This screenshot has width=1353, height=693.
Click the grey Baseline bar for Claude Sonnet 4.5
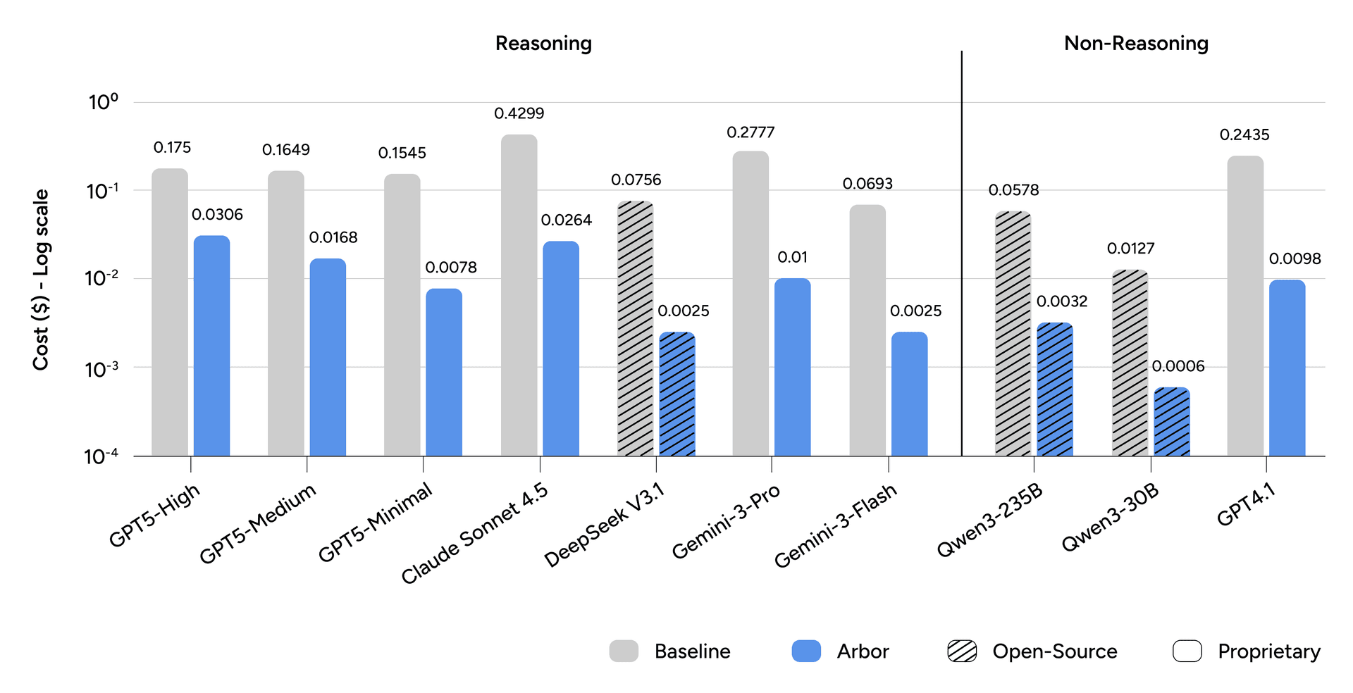pos(519,296)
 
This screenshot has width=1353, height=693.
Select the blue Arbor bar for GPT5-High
pos(211,345)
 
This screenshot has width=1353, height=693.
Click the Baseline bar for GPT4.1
pos(1244,306)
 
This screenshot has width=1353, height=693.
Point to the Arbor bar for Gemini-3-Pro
pos(792,367)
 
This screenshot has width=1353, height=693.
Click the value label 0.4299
pos(519,113)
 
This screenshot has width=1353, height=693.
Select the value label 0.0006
pos(1178,366)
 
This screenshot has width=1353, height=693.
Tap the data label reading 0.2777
pos(750,132)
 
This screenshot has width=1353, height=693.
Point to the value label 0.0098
pos(1295,258)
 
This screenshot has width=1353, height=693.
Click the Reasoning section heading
pos(543,44)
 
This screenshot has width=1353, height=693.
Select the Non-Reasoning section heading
pos(1136,44)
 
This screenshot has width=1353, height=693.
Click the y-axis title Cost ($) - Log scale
pos(41,279)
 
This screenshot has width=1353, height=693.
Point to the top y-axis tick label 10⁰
pos(103,102)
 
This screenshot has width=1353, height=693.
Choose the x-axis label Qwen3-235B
pos(989,520)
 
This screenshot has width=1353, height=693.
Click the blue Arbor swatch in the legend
pos(806,651)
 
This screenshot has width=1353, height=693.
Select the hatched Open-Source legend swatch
pos(962,651)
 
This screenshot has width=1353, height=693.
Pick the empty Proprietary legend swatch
pos(1187,651)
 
